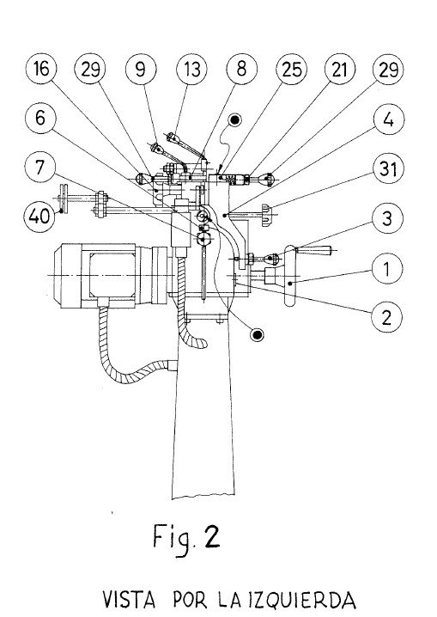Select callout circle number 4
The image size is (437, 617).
pos(389,120)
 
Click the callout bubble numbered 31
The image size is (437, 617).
pos(389,169)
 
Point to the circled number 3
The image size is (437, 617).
pos(389,219)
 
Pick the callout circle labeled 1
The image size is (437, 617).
pos(389,269)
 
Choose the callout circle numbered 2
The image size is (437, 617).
pos(389,317)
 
